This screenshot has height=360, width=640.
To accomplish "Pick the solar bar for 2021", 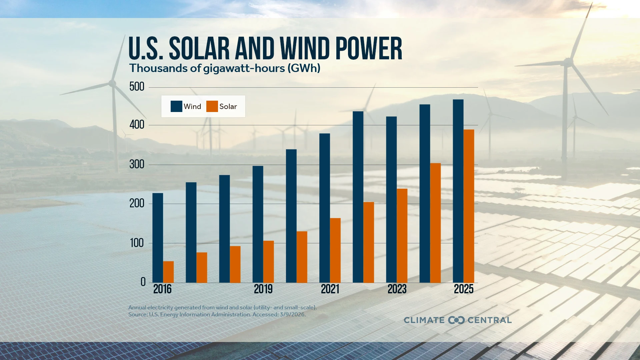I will tap(335, 250).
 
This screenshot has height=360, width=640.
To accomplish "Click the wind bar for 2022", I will tap(358, 197).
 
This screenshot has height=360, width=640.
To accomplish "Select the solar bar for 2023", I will tap(402, 236).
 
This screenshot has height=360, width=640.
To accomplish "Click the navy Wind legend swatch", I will tap(176, 106).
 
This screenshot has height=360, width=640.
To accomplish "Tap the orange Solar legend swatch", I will tap(212, 106).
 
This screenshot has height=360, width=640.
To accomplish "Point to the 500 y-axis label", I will tap(137, 87).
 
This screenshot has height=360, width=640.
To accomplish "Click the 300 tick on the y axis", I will tap(137, 164).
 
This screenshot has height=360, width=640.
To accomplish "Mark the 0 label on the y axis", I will tap(143, 282).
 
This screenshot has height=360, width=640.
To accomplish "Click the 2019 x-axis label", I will tap(263, 289).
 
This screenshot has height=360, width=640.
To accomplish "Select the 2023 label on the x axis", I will tap(397, 289).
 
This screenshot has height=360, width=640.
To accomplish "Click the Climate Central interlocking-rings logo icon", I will tap(456, 320).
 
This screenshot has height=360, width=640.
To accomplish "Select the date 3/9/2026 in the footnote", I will tap(292, 314).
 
